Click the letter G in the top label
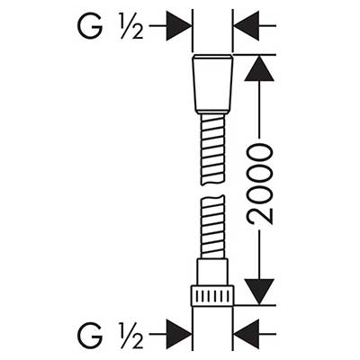pyautogui.click(x=90, y=26)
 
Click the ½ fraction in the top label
pyautogui.click(x=130, y=26)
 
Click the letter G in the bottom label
pyautogui.click(x=90, y=335)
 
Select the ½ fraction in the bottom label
pyautogui.click(x=130, y=336)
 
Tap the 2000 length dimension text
pyautogui.click(x=259, y=184)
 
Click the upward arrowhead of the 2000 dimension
pyautogui.click(x=259, y=68)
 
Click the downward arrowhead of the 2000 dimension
pyautogui.click(x=259, y=292)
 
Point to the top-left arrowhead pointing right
pyautogui.click(x=179, y=26)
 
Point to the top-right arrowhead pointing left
pyautogui.click(x=247, y=26)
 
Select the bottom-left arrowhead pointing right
pyautogui.click(x=179, y=334)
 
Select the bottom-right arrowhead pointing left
pyautogui.click(x=247, y=334)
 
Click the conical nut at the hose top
pyautogui.click(x=212, y=85)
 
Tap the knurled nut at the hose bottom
pyautogui.click(x=212, y=295)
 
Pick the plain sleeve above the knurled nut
pyautogui.click(x=212, y=272)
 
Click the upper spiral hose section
pyautogui.click(x=212, y=149)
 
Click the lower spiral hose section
pyautogui.click(x=212, y=227)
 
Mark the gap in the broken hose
pyautogui.click(x=212, y=191)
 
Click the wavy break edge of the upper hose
pyautogui.click(x=212, y=183)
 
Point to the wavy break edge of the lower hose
pyautogui.click(x=212, y=198)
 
